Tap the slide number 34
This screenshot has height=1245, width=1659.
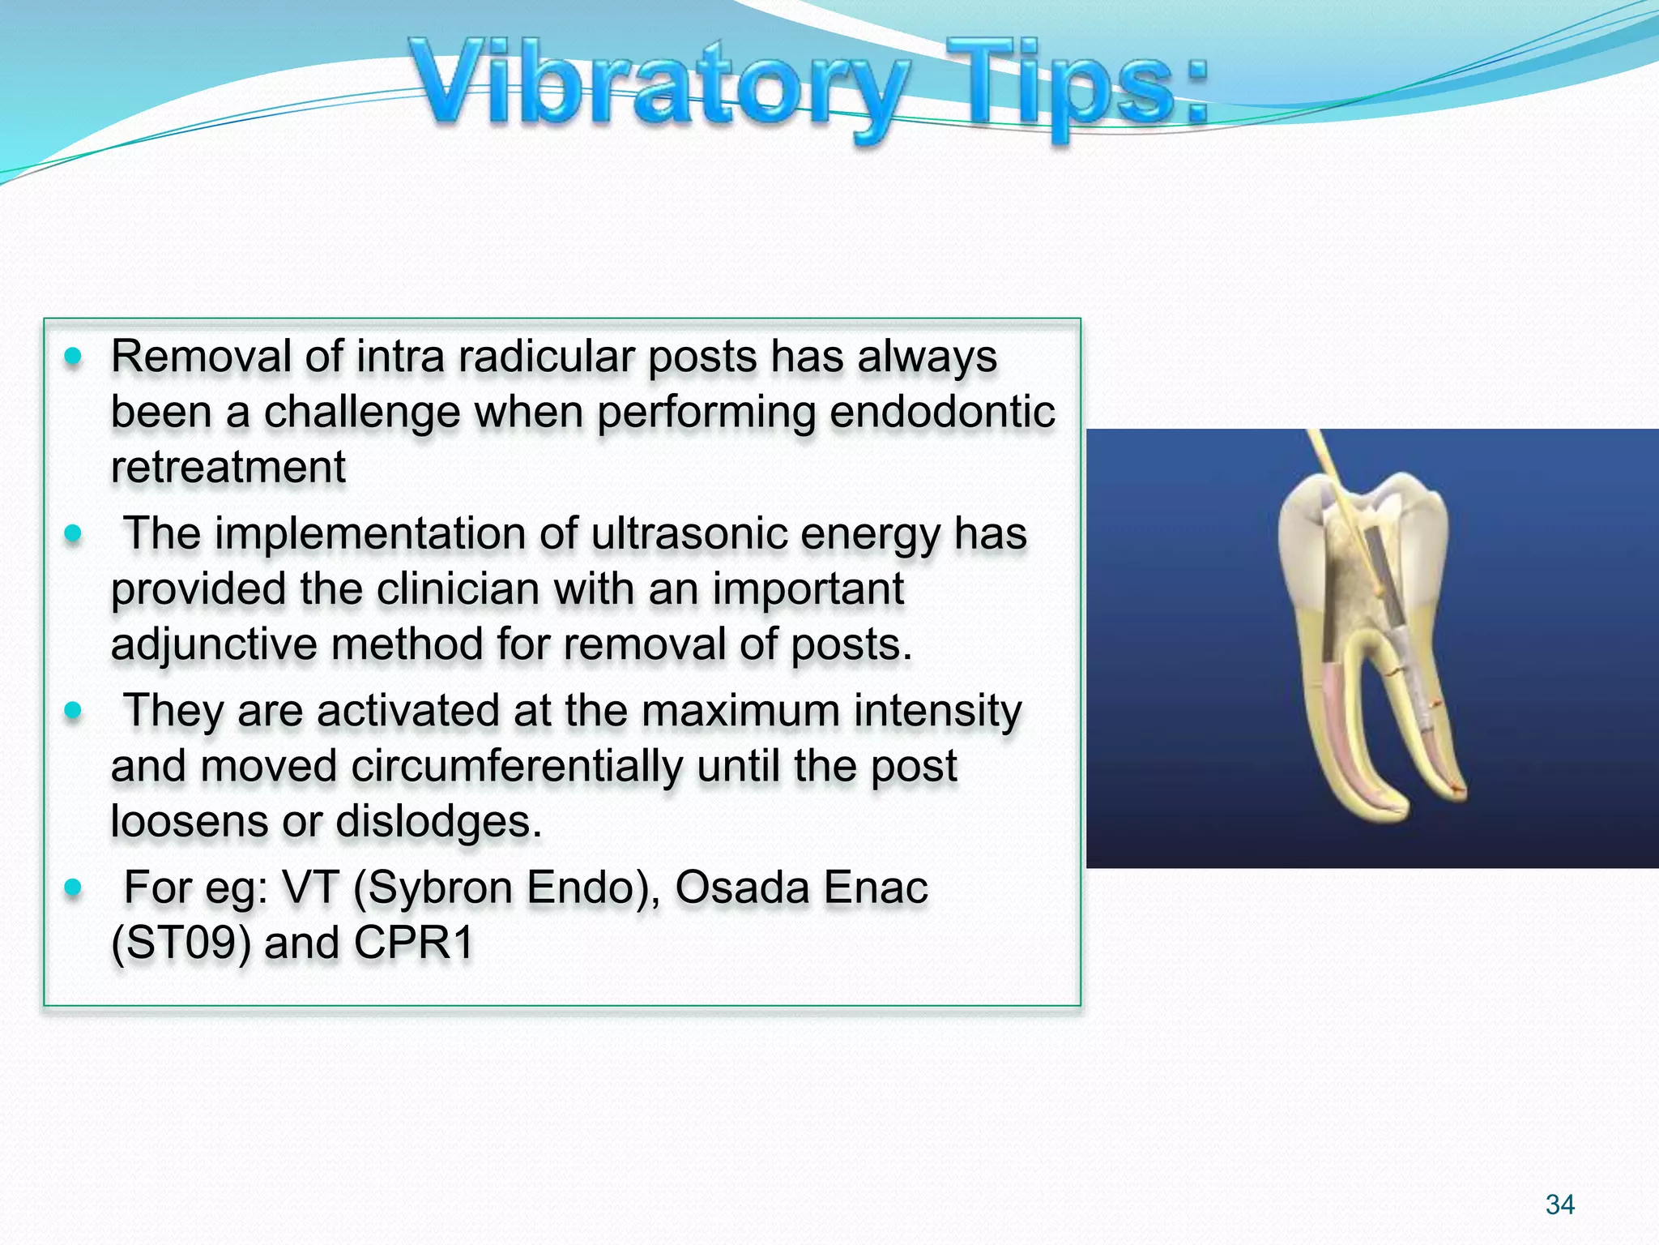pyautogui.click(x=1559, y=1204)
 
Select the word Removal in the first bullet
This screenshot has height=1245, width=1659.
pyautogui.click(x=201, y=357)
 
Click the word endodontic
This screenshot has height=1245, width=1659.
pyautogui.click(x=942, y=412)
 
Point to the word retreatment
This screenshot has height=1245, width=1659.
pyautogui.click(x=228, y=468)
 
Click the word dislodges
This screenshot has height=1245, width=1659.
pyautogui.click(x=437, y=822)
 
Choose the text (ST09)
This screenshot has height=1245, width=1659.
pyautogui.click(x=181, y=943)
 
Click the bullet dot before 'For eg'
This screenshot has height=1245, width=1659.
pyautogui.click(x=73, y=888)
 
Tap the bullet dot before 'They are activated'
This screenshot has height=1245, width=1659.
pyautogui.click(x=73, y=711)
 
